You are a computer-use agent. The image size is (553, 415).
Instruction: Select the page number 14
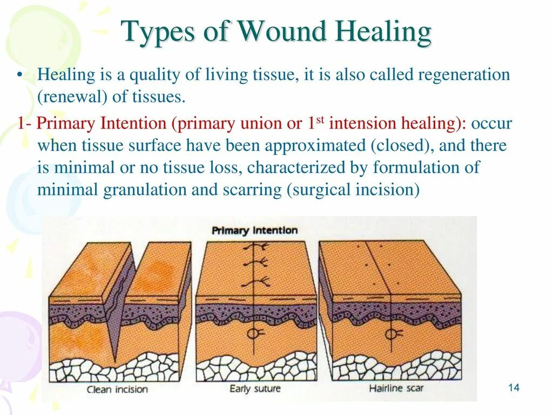pos(514,387)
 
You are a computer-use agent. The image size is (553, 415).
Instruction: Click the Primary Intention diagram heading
pos(254,231)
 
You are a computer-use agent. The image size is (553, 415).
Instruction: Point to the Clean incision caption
pos(117,389)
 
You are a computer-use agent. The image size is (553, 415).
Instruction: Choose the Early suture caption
pos(255,389)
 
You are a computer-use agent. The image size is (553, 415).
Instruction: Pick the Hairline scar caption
pos(396,388)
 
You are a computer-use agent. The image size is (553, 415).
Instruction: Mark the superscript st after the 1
pos(319,119)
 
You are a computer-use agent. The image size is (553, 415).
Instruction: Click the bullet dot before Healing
pos(19,75)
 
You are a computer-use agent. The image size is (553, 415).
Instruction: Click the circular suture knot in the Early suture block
pos(253,333)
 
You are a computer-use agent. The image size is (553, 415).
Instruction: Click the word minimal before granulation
pos(69,190)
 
